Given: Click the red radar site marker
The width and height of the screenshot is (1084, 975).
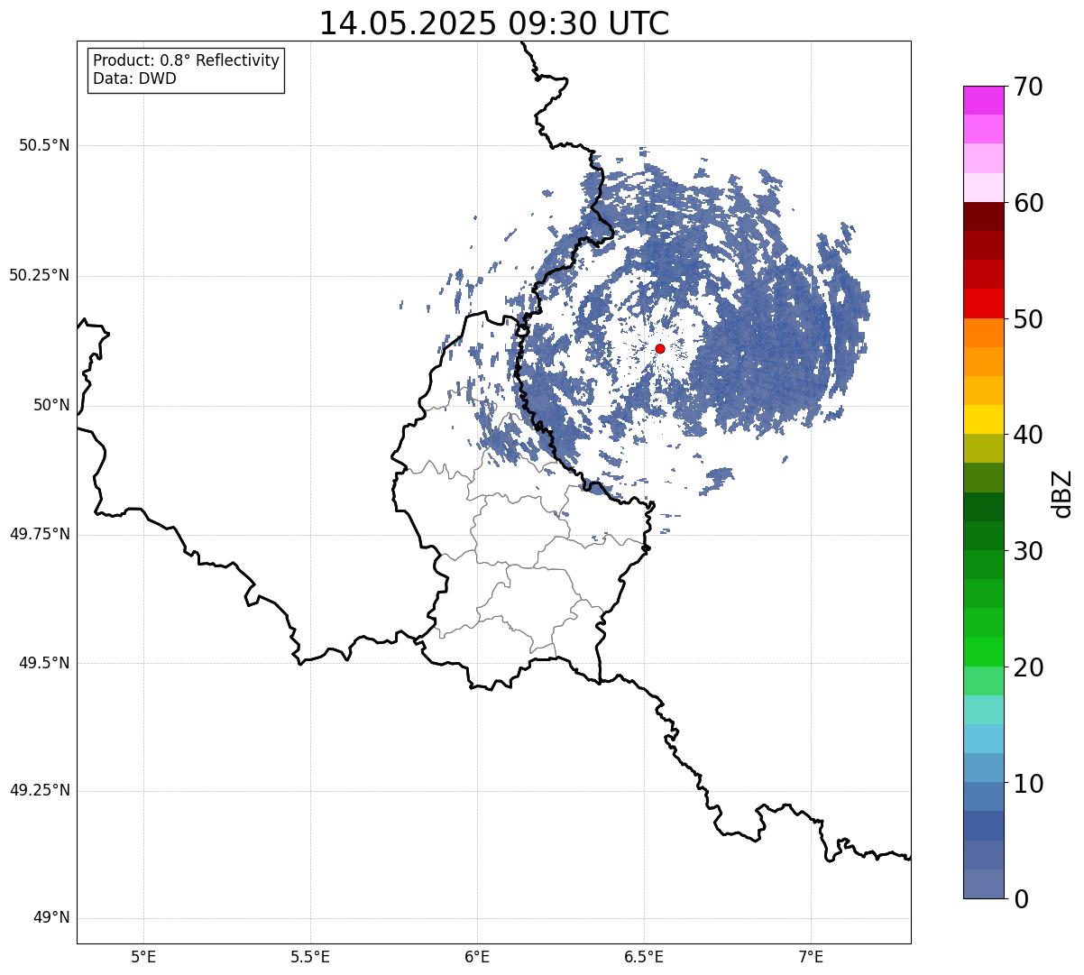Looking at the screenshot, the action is [660, 348].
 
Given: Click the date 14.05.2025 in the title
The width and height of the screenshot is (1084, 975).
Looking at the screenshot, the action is [408, 23].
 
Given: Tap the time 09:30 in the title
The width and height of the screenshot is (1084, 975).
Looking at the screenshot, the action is [554, 23].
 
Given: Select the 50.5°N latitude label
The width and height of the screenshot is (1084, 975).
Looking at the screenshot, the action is [44, 145].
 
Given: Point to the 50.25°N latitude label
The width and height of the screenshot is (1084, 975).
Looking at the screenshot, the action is [40, 275].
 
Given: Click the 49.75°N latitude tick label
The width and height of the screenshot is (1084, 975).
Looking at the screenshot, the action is [40, 534].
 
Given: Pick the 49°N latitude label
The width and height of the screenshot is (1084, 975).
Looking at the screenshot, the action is [51, 917].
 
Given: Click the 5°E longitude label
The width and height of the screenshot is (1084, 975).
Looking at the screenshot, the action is [143, 957].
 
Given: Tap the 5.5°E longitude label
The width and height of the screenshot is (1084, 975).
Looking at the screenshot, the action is [310, 957].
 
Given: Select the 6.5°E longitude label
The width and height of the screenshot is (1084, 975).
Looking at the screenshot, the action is [644, 957].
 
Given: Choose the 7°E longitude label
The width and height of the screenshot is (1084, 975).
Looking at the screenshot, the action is [811, 957].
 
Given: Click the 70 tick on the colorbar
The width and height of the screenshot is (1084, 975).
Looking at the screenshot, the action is [1028, 87].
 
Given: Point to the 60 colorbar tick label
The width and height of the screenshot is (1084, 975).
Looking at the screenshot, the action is [1028, 203].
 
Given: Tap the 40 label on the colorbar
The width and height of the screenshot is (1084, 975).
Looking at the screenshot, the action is [1028, 435].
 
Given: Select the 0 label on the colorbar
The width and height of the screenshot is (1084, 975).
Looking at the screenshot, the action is [1021, 899].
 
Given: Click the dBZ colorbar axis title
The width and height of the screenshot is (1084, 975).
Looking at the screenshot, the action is [1061, 494].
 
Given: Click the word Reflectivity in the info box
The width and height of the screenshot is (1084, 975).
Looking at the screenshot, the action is [237, 60].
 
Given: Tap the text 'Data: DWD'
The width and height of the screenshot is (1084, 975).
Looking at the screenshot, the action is [134, 78].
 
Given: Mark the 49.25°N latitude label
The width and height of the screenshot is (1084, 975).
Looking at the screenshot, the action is [40, 790].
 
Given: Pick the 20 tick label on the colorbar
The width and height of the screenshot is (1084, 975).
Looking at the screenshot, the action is [1028, 668].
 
